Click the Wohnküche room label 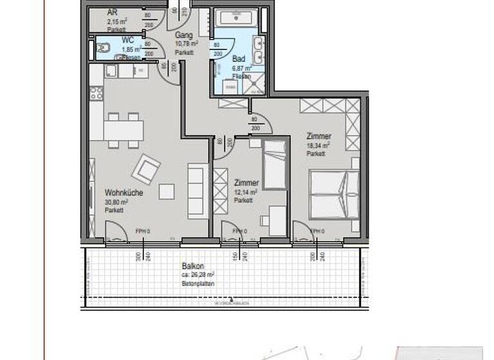point(123,192)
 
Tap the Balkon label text point(192,266)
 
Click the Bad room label point(239,59)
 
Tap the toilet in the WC point(102,47)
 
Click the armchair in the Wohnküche point(147,170)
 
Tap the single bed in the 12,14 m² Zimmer point(275,165)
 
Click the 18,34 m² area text point(318,146)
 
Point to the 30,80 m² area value point(118,202)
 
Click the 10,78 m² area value point(187,44)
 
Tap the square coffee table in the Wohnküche point(167,192)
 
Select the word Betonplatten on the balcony point(198,283)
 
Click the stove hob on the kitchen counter point(96,94)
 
